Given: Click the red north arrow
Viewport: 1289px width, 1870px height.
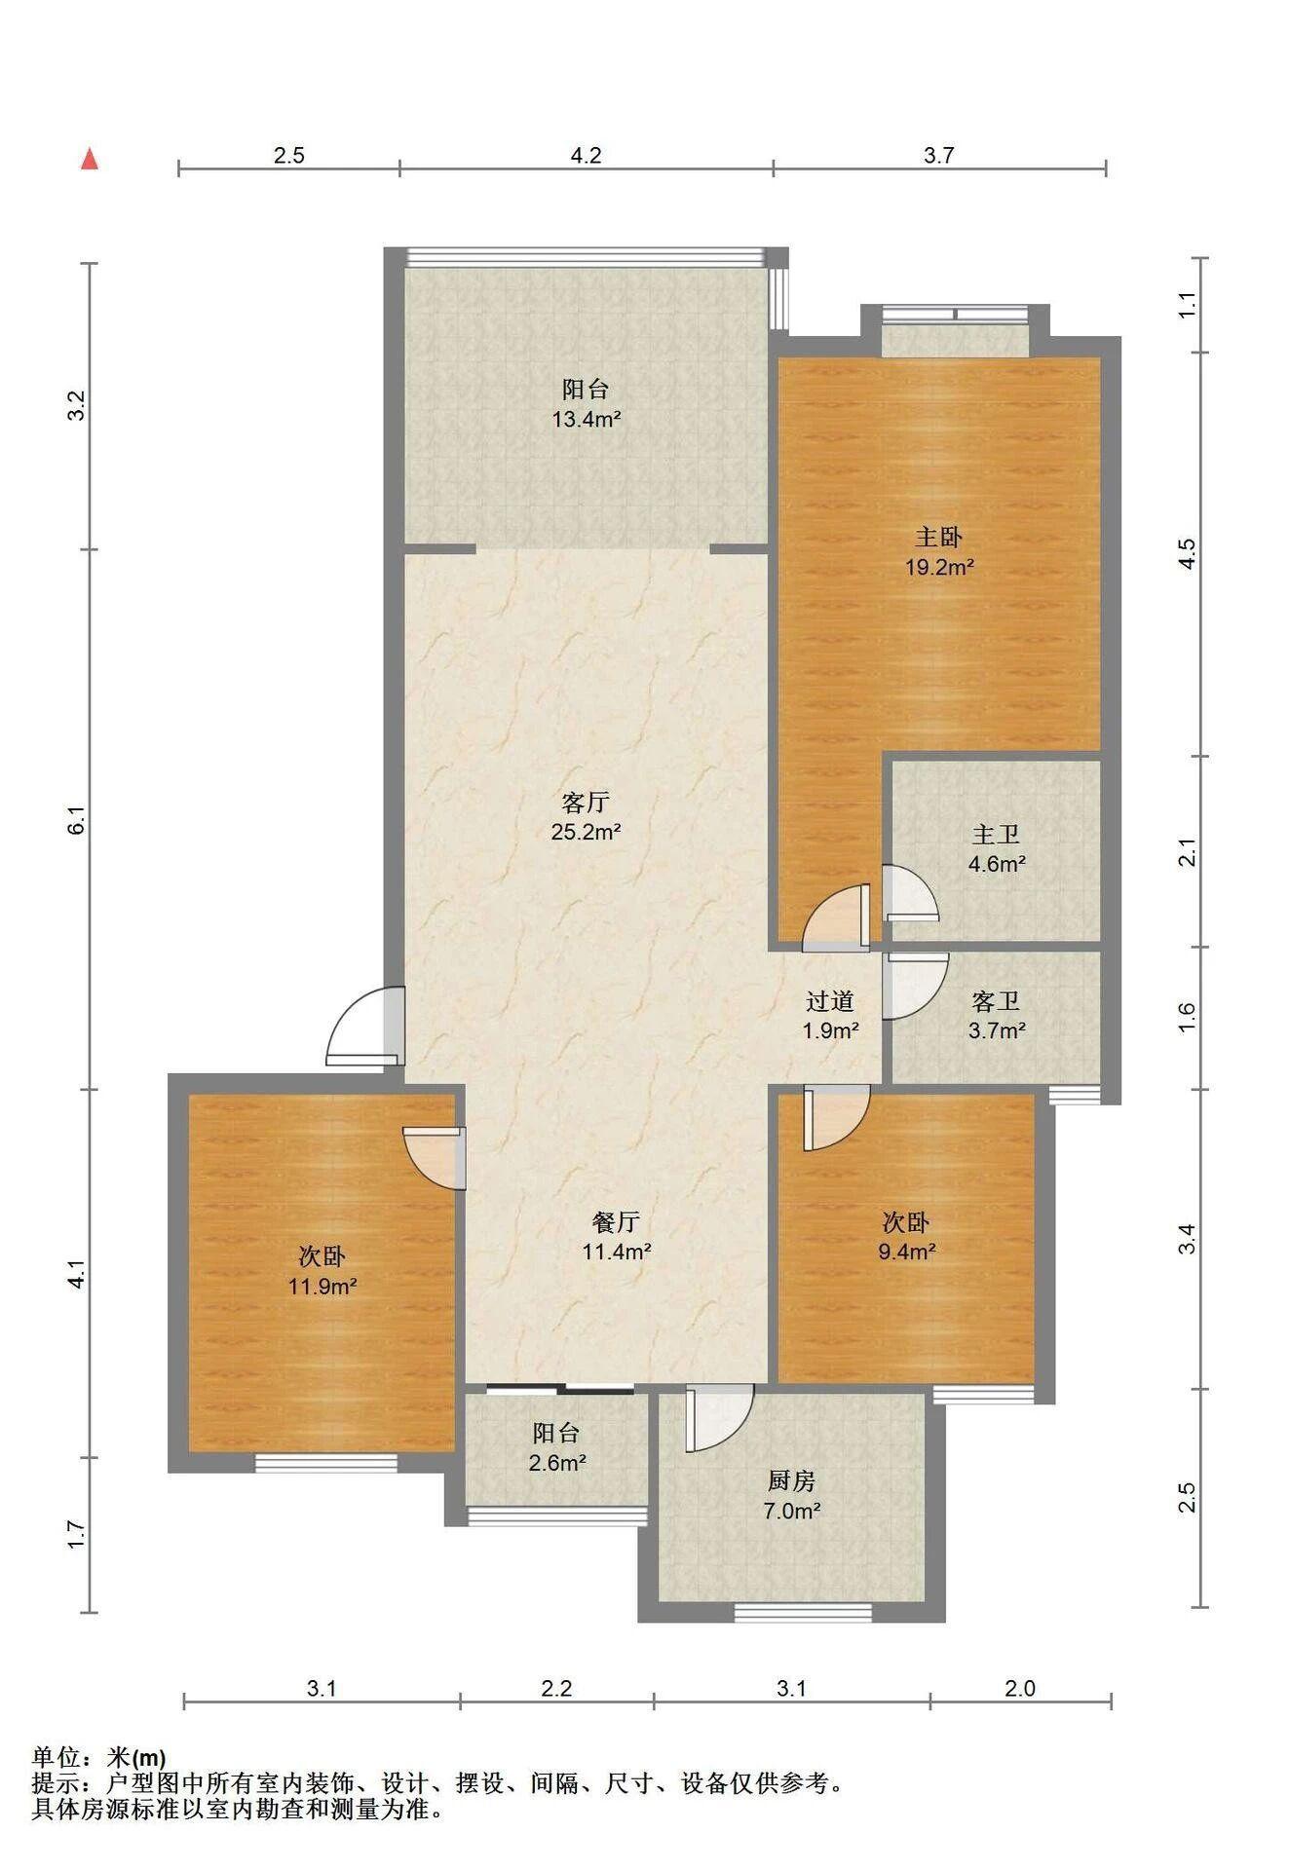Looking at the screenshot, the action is [x=90, y=159].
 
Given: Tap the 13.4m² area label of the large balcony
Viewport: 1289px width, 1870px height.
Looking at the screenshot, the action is [x=587, y=420].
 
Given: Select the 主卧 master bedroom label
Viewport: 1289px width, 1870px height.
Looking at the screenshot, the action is [x=938, y=536].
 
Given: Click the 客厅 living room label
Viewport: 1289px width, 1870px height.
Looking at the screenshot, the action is [x=587, y=802].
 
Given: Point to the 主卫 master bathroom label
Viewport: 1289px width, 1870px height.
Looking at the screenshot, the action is [x=996, y=834].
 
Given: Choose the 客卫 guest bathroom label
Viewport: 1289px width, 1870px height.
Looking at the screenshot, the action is [x=996, y=1000].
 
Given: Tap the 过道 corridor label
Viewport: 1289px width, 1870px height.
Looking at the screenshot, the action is [x=830, y=1000].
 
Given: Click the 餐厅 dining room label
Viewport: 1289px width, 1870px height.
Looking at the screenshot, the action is [x=616, y=1221].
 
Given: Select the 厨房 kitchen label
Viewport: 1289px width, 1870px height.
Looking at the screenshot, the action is [x=791, y=1480].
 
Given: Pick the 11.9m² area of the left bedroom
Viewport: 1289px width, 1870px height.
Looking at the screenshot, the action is [x=322, y=1287].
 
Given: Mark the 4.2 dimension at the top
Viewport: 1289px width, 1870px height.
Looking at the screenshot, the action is [x=586, y=155].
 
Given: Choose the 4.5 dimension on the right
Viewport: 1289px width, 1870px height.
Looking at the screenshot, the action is [x=1186, y=554].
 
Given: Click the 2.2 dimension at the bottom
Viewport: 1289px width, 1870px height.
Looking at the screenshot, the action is [x=556, y=1688].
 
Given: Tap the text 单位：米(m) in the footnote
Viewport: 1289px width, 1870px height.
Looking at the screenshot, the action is [x=99, y=1758].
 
